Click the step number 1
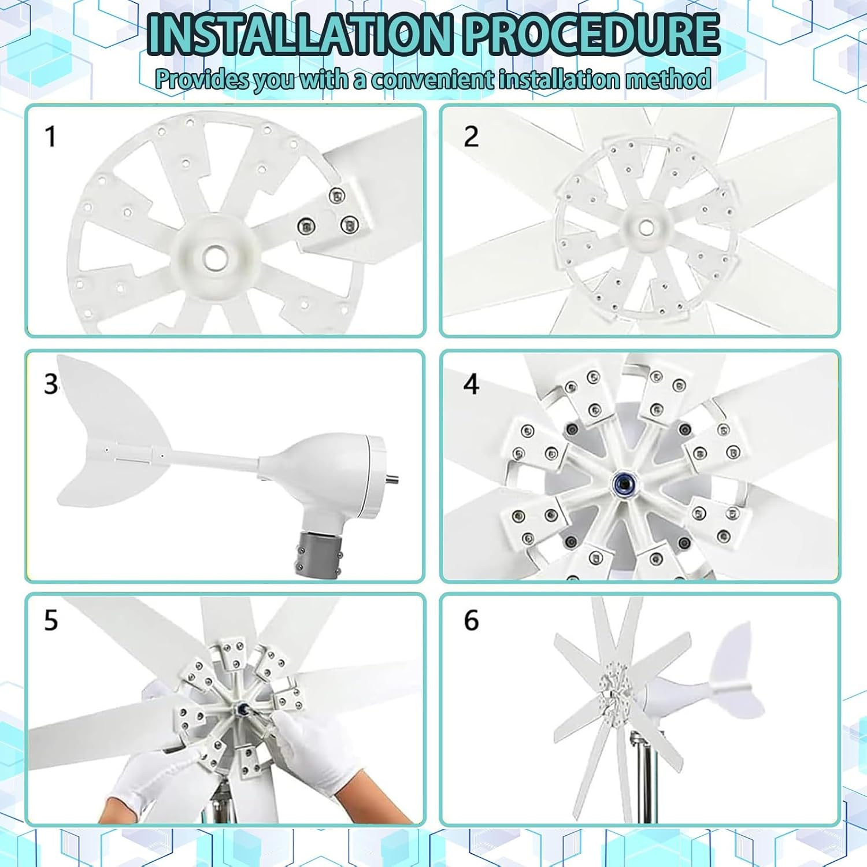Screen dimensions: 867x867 pos(51,137)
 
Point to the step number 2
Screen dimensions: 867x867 pos(471,137)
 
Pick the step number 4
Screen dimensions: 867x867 pos(471,384)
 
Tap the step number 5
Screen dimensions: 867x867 pos(51,620)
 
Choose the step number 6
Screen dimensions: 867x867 pos(471,620)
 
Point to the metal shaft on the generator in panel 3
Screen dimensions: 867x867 pos(391,479)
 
